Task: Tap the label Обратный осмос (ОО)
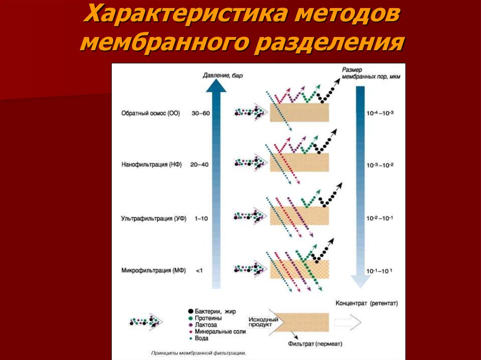tap(151, 113)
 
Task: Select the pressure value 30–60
tap(201, 113)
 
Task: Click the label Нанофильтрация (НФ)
tap(152, 165)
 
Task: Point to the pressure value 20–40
tap(199, 165)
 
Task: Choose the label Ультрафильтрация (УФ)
tap(154, 219)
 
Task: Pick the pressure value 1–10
tap(201, 219)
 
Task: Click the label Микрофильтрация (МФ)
tap(154, 270)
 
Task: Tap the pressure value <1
tap(199, 271)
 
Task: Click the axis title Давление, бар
tap(223, 75)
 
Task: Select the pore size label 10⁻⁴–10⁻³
tap(380, 113)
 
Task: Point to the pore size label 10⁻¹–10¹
tap(379, 271)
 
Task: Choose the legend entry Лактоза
tap(203, 325)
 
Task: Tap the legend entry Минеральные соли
tap(217, 331)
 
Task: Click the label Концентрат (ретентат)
tap(366, 303)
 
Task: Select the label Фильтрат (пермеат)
tap(315, 344)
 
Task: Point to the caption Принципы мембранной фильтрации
tap(199, 353)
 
